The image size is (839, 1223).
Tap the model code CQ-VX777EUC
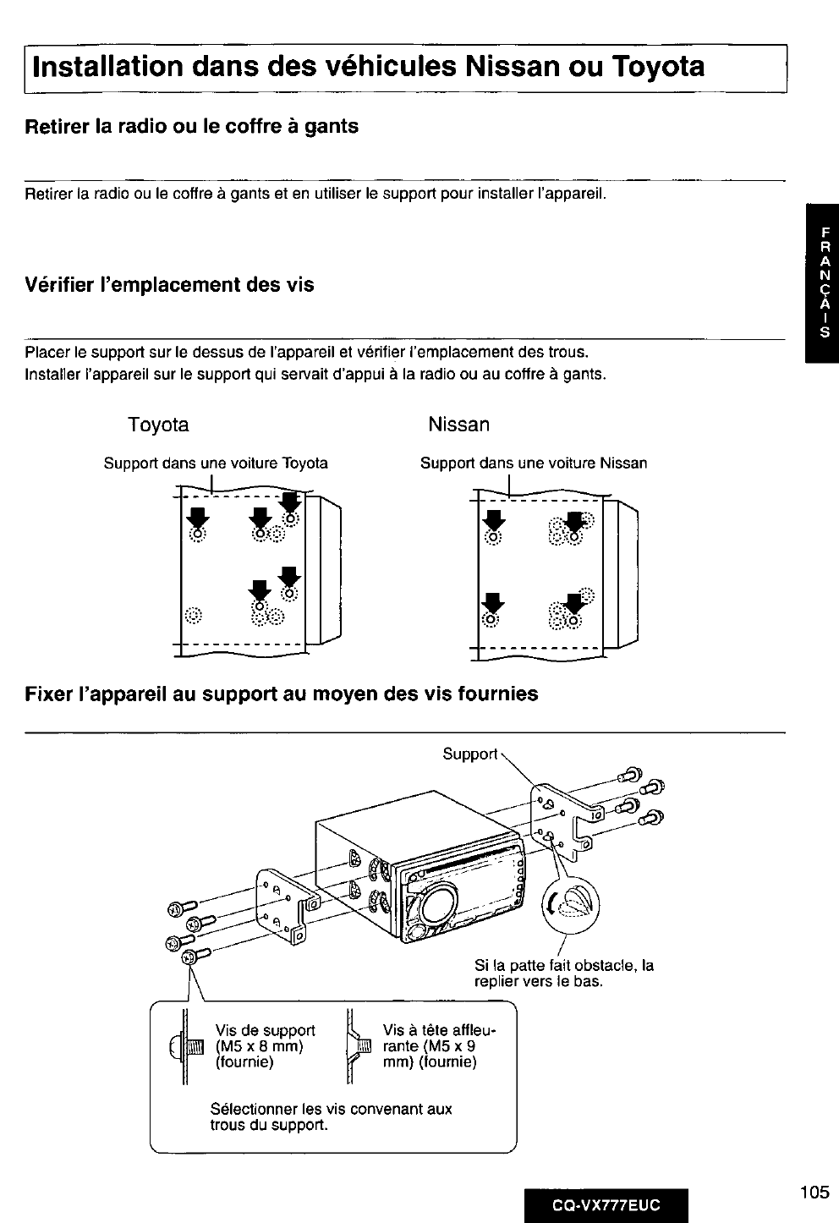coord(606,1205)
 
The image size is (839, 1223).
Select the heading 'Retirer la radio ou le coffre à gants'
coord(192,127)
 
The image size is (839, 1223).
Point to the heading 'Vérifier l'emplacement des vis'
coord(169,285)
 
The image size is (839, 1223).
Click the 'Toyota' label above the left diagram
coord(158,425)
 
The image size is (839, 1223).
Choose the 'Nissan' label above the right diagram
coord(458,425)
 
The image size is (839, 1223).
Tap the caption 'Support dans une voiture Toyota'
coord(216,463)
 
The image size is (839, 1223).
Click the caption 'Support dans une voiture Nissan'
coord(534,463)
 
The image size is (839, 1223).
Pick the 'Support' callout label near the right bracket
coord(469,754)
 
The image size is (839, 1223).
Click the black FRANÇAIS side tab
coord(822,282)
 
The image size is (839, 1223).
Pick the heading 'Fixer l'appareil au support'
coord(281,694)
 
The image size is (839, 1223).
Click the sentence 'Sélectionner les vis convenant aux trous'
coord(331,1116)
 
